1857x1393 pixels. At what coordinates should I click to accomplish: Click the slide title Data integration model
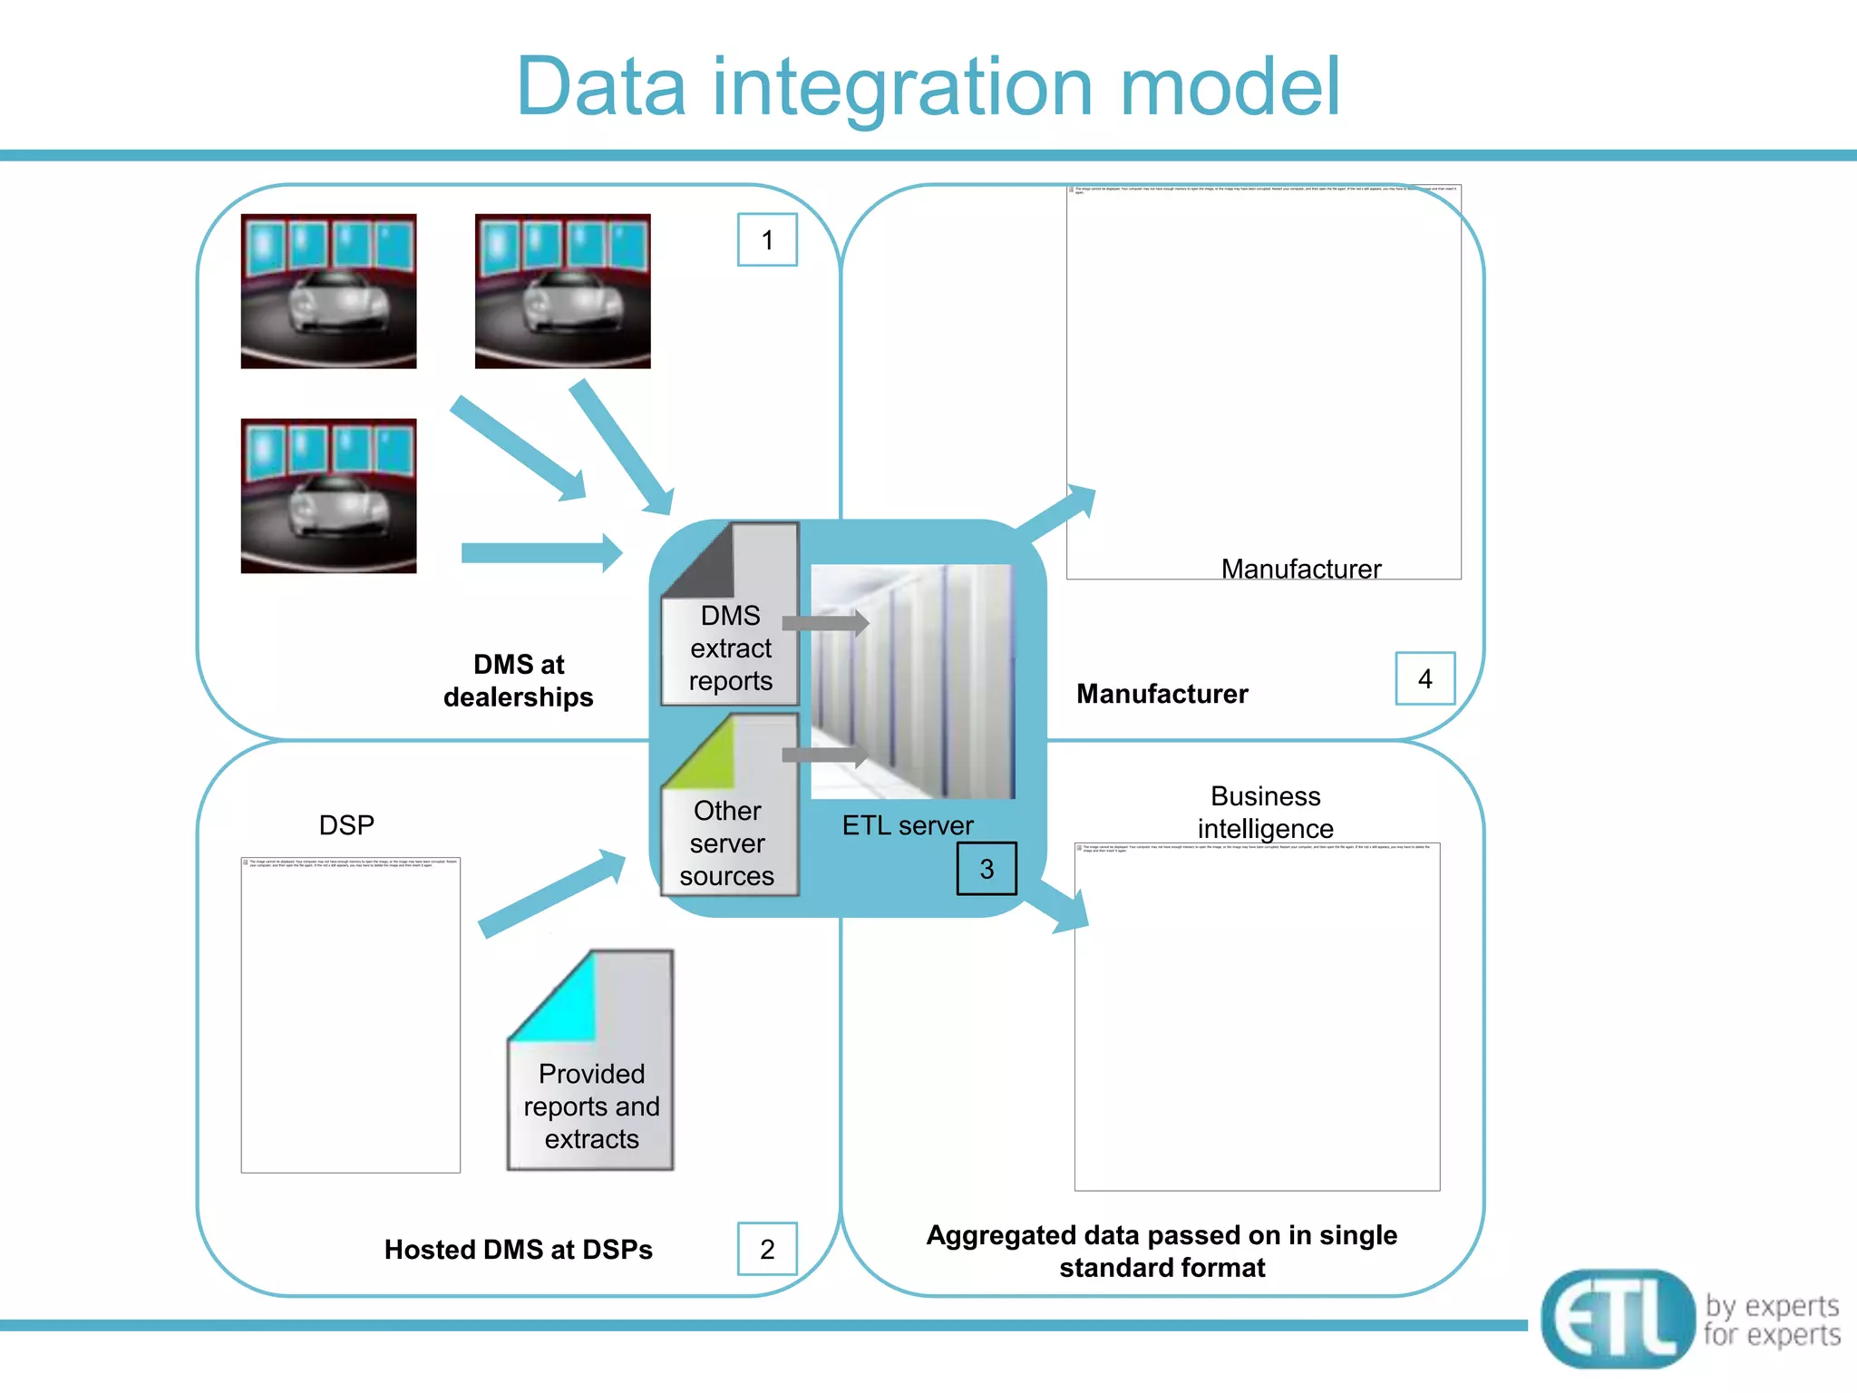point(928,87)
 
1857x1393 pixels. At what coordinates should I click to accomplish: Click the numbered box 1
point(767,240)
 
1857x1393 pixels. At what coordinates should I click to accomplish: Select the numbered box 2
point(767,1249)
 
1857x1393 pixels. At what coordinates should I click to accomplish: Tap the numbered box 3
point(987,869)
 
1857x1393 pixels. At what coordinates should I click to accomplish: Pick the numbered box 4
point(1424,678)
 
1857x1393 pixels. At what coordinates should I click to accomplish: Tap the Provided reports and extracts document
point(591,1061)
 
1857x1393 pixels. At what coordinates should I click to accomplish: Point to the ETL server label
point(907,825)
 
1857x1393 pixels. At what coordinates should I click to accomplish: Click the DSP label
point(346,825)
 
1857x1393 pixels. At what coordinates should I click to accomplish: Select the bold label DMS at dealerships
point(519,680)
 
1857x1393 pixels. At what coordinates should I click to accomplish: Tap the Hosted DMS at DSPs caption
point(518,1250)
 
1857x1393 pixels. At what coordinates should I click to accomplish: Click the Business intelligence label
point(1265,812)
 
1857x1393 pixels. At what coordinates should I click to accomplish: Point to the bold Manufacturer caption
point(1162,694)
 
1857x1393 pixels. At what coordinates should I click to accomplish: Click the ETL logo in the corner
point(1618,1319)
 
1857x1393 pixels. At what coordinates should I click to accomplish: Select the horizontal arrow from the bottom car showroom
point(540,553)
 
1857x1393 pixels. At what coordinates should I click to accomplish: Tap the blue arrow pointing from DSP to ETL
point(551,893)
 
